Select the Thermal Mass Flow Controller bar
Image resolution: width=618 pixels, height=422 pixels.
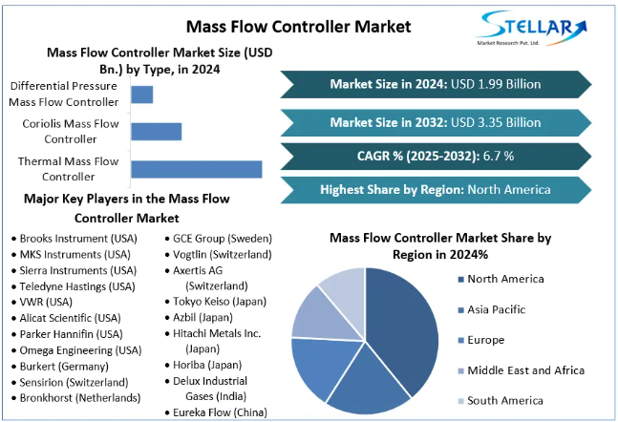pyautogui.click(x=196, y=169)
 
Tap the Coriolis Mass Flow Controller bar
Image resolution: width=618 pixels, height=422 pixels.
pyautogui.click(x=156, y=132)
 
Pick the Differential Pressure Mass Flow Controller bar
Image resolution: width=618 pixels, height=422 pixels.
pyautogui.click(x=141, y=95)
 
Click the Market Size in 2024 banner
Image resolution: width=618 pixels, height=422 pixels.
pyautogui.click(x=435, y=84)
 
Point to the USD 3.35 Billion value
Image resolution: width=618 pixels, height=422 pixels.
pyautogui.click(x=496, y=122)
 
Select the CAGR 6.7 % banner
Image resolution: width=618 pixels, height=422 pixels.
pyautogui.click(x=435, y=156)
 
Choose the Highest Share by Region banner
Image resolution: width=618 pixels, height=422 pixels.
pyautogui.click(x=435, y=189)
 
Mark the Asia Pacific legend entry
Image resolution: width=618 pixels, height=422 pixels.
pyautogui.click(x=497, y=309)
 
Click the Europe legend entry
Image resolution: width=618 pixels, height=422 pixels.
pyautogui.click(x=485, y=340)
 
